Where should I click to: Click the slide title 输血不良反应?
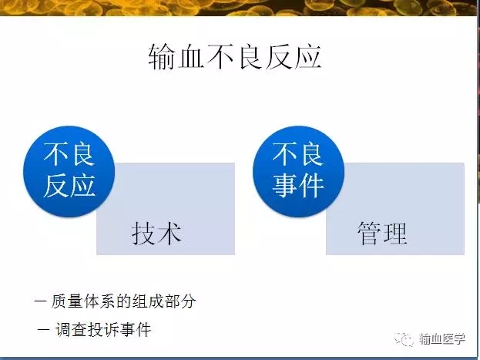coord(235,57)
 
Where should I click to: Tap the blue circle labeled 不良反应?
coord(69,172)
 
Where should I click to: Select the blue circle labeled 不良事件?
coord(298,172)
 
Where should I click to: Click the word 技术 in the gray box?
coord(156,234)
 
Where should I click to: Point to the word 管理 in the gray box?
coord(382,234)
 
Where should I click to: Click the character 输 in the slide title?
coord(162,57)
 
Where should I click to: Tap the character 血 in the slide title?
coord(190,57)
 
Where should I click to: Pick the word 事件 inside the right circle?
coord(298,186)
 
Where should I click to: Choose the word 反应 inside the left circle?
coord(69,186)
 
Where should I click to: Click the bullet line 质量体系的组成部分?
coord(123,301)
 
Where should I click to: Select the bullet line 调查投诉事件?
coord(103,330)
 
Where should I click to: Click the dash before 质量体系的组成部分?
coord(41,301)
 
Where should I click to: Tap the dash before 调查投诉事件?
coord(43,330)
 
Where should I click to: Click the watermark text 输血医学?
coord(441,339)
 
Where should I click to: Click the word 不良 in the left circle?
coord(69,154)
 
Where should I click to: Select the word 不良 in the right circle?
coord(298,154)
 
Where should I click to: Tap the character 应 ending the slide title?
coord(308,57)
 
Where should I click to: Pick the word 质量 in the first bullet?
coord(67,301)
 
